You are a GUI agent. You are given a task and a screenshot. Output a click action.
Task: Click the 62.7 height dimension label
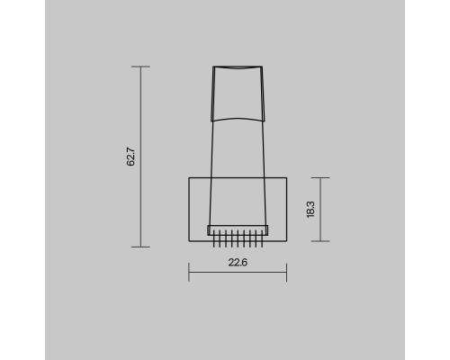[x=130, y=157]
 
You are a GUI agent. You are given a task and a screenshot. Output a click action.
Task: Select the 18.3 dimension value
[x=310, y=210]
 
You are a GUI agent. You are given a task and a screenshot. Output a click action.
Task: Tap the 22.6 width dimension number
[x=238, y=263]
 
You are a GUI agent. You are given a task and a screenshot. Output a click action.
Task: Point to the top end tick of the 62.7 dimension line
[x=140, y=67]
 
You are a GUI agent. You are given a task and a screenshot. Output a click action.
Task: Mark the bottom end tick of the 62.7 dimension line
[x=140, y=247]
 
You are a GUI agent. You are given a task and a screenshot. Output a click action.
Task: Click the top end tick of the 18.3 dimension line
[x=320, y=177]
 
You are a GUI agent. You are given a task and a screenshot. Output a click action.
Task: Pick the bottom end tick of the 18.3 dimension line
[x=320, y=241]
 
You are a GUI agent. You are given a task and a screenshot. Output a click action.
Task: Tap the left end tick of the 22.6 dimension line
[x=189, y=273]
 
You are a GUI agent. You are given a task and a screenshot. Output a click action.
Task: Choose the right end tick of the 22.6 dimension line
[x=287, y=273]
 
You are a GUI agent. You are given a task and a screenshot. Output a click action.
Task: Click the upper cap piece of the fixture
[x=238, y=94]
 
